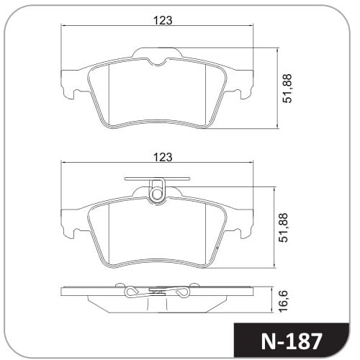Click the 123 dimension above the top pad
tap(163, 20)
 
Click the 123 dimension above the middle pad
tap(163, 157)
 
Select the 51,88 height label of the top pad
tap(287, 89)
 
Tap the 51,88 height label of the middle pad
tap(284, 228)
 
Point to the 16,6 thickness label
tap(284, 301)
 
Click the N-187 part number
tap(291, 341)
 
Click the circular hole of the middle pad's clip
tap(157, 194)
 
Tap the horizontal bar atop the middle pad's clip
tap(157, 179)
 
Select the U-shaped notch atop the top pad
tap(157, 61)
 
